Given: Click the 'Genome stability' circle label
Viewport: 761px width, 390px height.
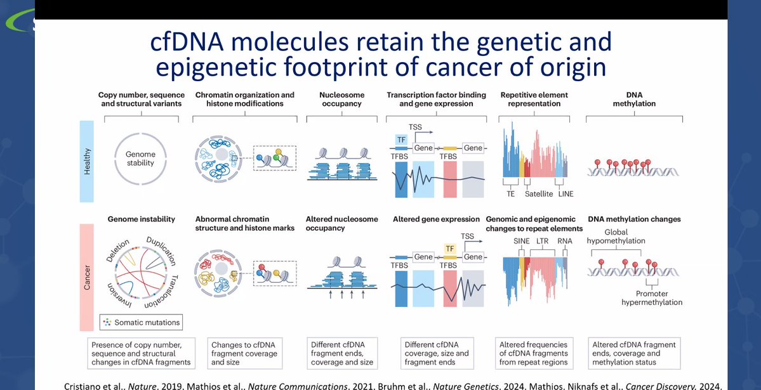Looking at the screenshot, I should click(x=140, y=159).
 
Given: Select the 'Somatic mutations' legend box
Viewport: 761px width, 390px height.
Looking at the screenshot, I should click(x=140, y=322).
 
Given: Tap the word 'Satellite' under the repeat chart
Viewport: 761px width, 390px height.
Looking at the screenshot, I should click(x=538, y=193).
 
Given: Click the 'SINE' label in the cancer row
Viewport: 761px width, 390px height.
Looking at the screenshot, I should click(x=521, y=242).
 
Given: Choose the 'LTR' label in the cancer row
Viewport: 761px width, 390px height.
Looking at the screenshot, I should click(x=541, y=242).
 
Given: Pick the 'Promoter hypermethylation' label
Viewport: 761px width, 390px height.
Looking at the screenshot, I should click(x=652, y=298).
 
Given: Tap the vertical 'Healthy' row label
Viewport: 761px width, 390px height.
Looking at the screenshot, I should click(x=87, y=162).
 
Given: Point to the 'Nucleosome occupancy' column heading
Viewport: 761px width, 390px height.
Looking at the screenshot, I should click(x=340, y=99).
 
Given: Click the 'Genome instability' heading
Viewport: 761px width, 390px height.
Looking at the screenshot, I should click(x=141, y=219).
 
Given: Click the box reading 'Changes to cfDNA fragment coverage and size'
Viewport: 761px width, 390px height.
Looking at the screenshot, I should click(x=244, y=353).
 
